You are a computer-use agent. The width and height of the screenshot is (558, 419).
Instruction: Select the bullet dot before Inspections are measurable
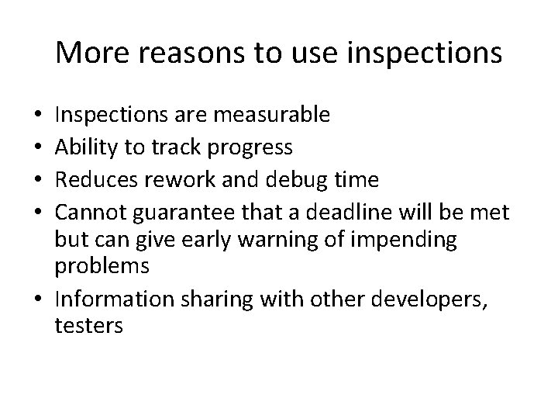(x=40, y=116)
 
